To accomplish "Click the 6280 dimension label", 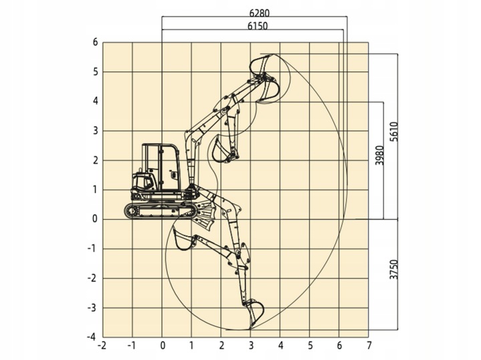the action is pyautogui.click(x=259, y=13).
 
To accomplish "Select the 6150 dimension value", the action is pyautogui.click(x=257, y=26).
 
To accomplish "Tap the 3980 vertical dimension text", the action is pyautogui.click(x=379, y=155).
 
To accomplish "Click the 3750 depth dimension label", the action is pyautogui.click(x=393, y=270).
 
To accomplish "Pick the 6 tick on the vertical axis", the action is pyautogui.click(x=96, y=42).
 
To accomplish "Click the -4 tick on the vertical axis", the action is pyautogui.click(x=92, y=337).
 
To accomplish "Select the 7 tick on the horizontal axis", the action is pyautogui.click(x=369, y=346).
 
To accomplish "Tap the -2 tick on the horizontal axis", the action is pyautogui.click(x=102, y=346).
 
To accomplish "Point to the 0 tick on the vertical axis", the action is pyautogui.click(x=95, y=219).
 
